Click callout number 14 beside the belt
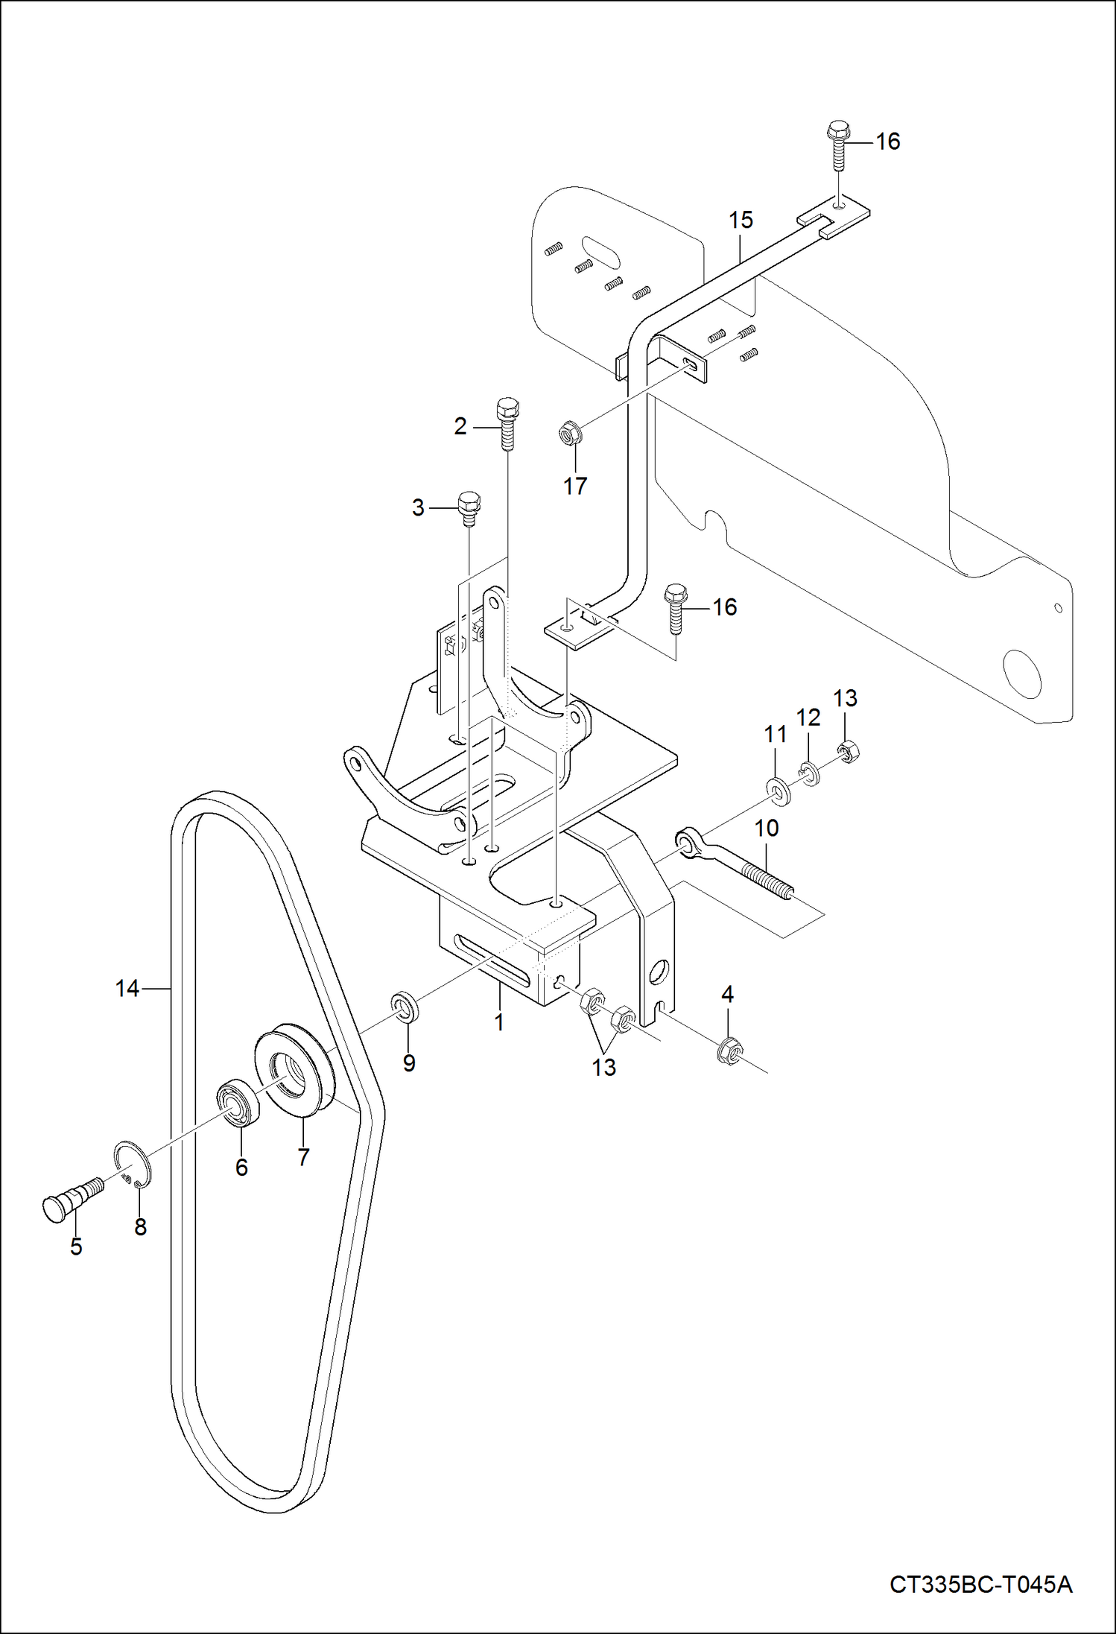click(x=127, y=989)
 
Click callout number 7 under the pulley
click(x=303, y=1156)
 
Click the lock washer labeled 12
click(x=811, y=772)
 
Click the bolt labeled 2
click(x=507, y=422)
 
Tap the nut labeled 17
click(x=570, y=432)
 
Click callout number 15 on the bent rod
click(x=741, y=221)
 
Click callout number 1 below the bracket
click(x=499, y=1022)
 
